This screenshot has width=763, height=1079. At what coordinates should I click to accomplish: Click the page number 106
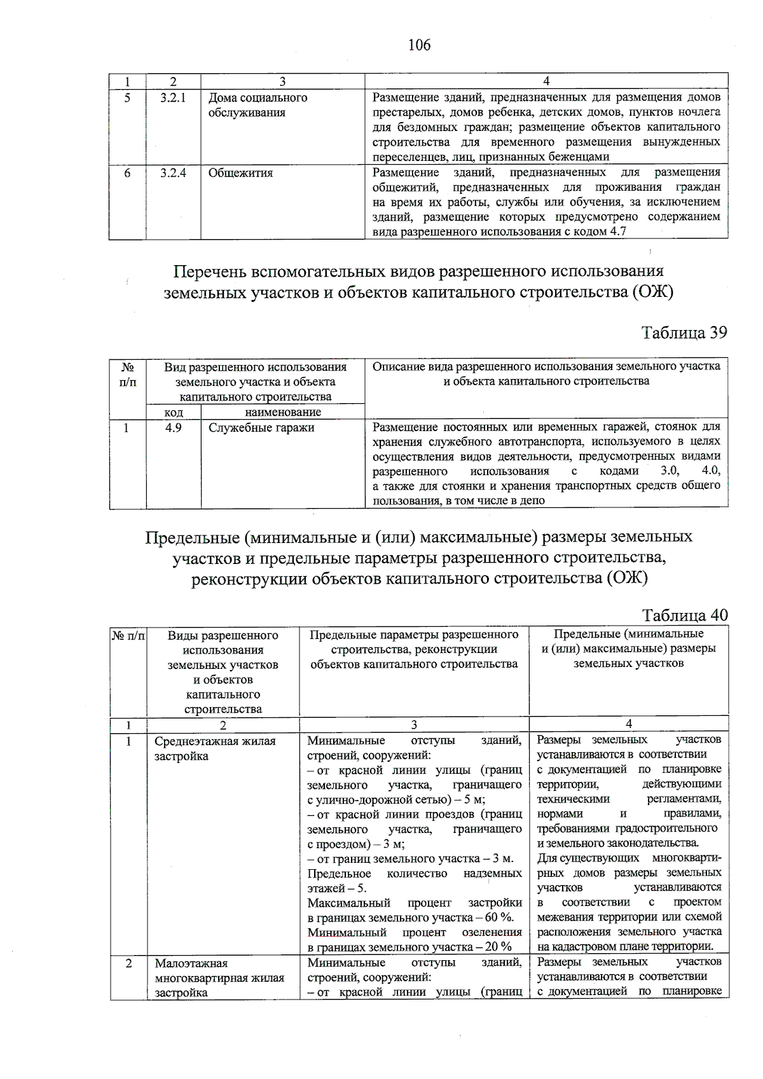[x=419, y=45]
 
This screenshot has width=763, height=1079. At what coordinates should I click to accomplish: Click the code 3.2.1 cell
[x=173, y=98]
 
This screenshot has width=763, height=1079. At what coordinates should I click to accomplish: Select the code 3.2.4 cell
[x=173, y=173]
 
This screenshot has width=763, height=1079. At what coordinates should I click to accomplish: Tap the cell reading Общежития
[x=240, y=173]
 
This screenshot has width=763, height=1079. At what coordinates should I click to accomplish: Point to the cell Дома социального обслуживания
[x=258, y=105]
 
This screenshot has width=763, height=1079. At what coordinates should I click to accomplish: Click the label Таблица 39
[x=684, y=333]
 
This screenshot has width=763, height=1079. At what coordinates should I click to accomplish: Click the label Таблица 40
[x=684, y=615]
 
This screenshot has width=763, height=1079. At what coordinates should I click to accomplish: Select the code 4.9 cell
[x=173, y=428]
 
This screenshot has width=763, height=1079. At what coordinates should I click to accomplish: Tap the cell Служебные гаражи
[x=261, y=428]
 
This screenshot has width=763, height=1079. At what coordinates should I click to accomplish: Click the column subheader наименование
[x=282, y=412]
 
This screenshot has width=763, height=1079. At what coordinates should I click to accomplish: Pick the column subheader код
[x=173, y=412]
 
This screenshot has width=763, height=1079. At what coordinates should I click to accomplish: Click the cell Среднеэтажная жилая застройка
[x=215, y=748]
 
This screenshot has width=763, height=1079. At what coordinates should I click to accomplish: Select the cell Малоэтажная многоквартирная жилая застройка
[x=219, y=978]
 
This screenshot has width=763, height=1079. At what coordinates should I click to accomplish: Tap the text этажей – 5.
[x=336, y=888]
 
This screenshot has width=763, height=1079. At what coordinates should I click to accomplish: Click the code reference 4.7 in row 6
[x=618, y=232]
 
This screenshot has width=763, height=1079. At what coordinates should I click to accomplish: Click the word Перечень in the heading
[x=209, y=272]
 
